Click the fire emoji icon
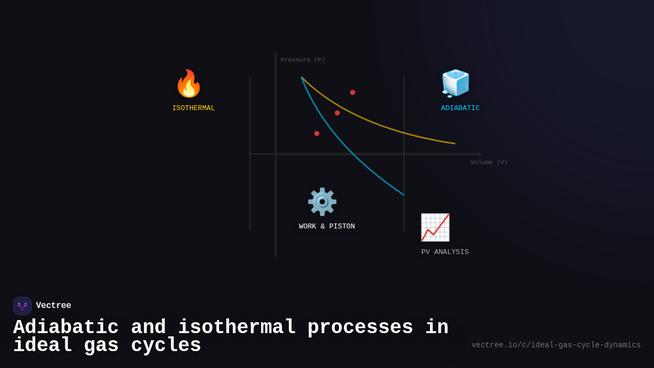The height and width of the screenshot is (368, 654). click(189, 84)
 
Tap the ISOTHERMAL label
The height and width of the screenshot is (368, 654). click(193, 108)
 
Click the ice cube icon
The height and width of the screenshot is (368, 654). click(455, 83)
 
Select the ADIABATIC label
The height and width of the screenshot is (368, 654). click(460, 108)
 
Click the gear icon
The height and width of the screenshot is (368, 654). click(322, 202)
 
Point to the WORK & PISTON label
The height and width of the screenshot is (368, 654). click(326, 226)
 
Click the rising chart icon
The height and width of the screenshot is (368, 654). click(435, 227)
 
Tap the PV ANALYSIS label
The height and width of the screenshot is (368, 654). click(445, 252)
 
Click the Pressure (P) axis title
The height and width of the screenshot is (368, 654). click(302, 60)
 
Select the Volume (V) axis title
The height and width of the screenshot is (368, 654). click(489, 162)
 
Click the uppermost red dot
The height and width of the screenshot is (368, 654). click(353, 93)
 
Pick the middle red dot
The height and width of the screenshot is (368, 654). click(337, 113)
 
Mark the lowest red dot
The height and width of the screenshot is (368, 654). click(317, 134)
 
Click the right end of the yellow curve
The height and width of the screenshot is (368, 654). click(454, 143)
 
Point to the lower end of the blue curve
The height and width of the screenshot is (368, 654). click(403, 194)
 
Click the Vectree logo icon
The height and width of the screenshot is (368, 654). click(22, 306)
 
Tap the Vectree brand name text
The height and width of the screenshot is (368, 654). click(53, 306)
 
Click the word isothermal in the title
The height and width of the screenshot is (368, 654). click(237, 328)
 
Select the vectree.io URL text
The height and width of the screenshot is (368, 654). click(556, 345)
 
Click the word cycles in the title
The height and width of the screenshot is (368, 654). click(166, 346)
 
